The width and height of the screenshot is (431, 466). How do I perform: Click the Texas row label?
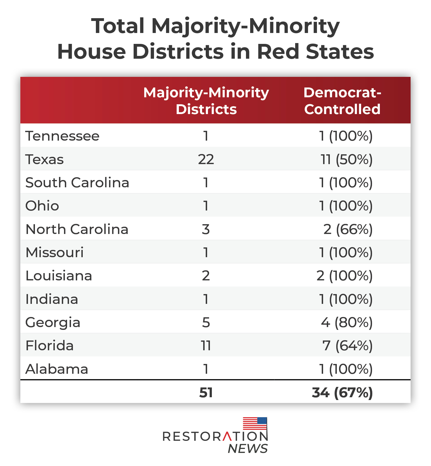44,159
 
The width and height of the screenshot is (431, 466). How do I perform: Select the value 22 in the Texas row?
206,159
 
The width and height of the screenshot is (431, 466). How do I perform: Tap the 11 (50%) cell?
346,159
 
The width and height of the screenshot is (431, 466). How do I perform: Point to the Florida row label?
49,346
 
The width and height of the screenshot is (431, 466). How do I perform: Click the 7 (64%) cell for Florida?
347,346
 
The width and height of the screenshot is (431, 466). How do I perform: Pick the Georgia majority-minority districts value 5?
206,322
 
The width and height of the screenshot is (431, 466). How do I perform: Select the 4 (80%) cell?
347,322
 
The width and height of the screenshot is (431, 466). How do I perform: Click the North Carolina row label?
77,229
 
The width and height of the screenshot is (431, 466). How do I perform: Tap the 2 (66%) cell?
348,229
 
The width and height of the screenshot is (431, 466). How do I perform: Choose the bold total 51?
206,392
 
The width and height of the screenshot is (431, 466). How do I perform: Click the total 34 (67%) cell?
342,392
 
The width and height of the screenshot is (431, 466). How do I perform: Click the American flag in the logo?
255,424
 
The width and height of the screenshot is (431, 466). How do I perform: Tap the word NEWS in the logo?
248,449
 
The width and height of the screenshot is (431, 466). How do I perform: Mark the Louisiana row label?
59,276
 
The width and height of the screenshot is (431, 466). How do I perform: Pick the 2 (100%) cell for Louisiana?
344,276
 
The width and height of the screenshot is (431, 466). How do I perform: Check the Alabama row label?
57,369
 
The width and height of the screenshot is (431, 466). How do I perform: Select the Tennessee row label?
62,136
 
